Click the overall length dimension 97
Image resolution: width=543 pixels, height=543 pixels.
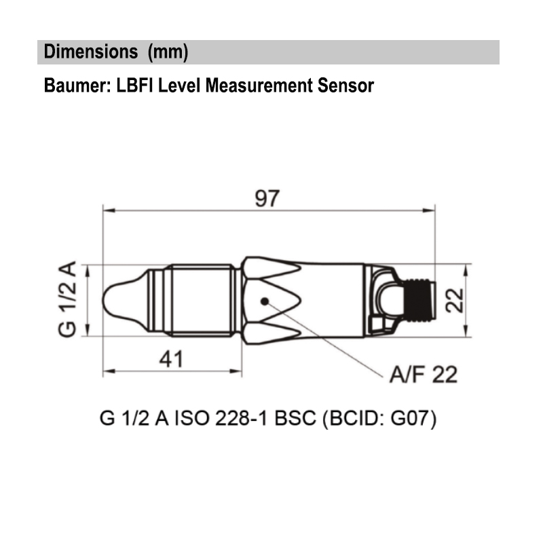[x=267, y=199]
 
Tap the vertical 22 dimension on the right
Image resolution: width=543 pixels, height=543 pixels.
[x=455, y=299]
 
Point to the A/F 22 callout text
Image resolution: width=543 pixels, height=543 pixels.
[x=423, y=374]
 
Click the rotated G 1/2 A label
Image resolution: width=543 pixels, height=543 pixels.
[x=67, y=299]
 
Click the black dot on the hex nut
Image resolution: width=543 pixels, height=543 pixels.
[x=264, y=301]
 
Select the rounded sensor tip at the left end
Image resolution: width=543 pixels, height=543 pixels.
[x=119, y=300]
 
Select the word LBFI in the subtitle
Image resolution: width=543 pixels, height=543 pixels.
[x=131, y=86]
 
